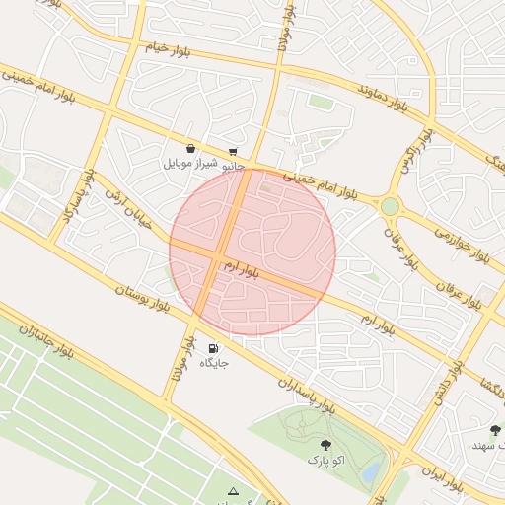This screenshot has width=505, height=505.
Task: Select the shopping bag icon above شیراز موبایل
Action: [190, 149]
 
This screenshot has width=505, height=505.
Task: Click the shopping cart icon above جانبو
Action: [233, 152]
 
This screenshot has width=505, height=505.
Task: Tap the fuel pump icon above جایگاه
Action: [214, 348]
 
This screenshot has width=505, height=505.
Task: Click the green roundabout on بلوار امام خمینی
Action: [391, 207]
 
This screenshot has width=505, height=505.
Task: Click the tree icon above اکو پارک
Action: [326, 446]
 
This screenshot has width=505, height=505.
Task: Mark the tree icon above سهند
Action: [495, 430]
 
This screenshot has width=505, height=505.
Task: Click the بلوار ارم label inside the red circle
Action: [240, 267]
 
